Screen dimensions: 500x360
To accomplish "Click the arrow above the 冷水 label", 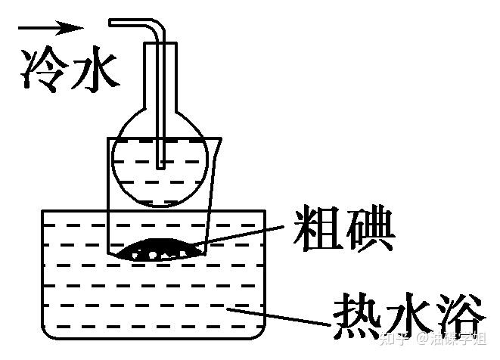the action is coord(50,28).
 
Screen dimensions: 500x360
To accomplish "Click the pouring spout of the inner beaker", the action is coord(217,139).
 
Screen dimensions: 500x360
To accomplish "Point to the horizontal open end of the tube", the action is coord(113,23).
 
